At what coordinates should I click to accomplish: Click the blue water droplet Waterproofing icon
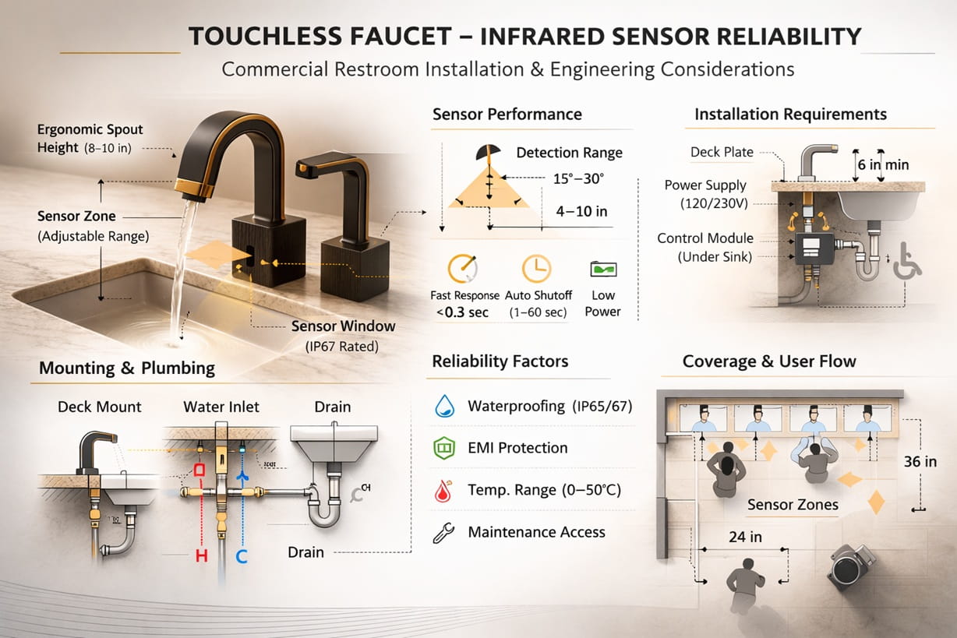pos(443,406)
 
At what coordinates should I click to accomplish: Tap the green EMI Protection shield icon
pos(443,448)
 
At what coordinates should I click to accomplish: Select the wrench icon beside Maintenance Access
pos(443,533)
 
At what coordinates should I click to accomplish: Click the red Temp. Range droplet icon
pos(443,490)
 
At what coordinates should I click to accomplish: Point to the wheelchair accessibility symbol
pos(906,261)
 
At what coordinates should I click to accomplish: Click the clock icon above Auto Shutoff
pos(536,268)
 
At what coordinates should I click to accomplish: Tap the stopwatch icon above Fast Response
pos(461,269)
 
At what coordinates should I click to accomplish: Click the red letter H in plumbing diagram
pos(201,556)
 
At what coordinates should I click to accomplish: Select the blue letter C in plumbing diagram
pos(242,556)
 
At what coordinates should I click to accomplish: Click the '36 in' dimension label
pos(920,462)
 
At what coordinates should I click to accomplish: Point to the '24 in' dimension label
pos(745,537)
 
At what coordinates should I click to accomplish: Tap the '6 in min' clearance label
pos(883,164)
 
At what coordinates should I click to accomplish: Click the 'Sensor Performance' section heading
pos(507,115)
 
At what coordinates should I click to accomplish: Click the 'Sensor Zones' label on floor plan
pos(793,505)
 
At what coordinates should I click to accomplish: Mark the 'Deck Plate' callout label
pos(722,152)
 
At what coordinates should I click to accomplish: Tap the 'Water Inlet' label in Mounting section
pos(221,407)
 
